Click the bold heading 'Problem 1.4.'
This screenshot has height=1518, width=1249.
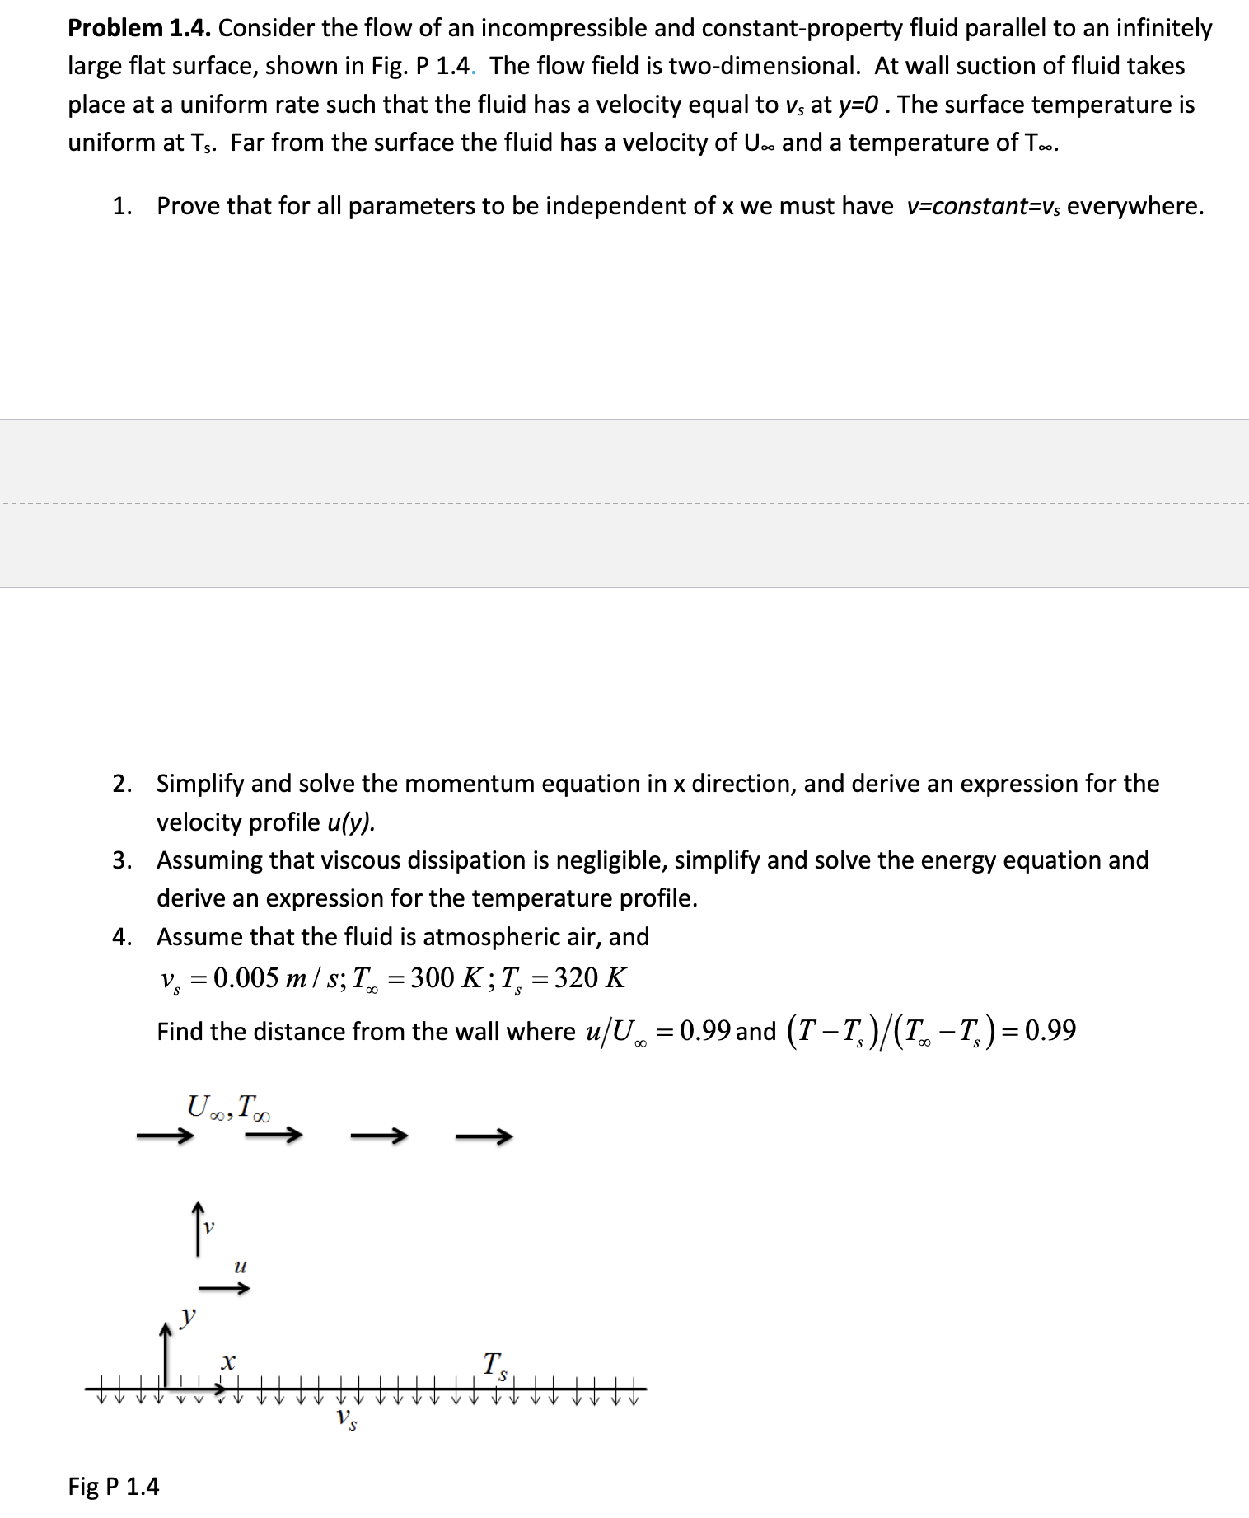pos(139,28)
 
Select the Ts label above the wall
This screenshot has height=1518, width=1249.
pos(494,1364)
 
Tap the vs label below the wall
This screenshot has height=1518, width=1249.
pos(346,1419)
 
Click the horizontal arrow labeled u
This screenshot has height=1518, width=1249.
pos(224,1288)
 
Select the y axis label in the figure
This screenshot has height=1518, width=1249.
pos(189,1314)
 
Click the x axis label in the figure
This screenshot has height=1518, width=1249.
pos(228,1361)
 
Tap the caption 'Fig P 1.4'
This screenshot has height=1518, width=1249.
pos(113,1486)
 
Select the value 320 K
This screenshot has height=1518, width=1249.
pos(589,978)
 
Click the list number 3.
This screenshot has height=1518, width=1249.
pos(122,860)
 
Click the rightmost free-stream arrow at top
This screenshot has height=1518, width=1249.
pos(484,1136)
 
